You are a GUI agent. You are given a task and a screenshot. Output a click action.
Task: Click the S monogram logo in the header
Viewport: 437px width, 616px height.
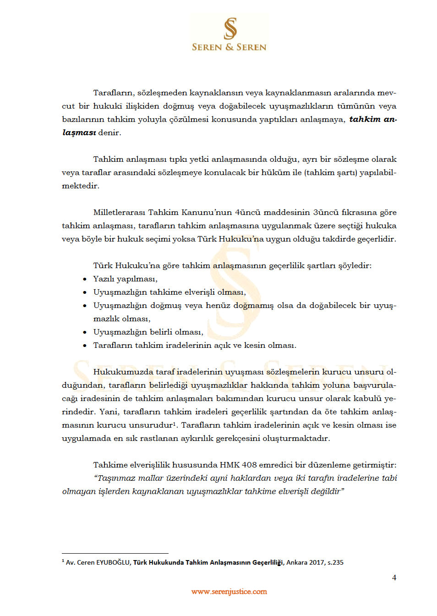click(x=230, y=28)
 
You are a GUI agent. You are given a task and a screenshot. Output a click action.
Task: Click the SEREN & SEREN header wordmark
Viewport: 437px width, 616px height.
click(x=229, y=47)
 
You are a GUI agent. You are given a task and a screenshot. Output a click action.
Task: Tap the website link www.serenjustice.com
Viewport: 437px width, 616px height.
click(x=229, y=592)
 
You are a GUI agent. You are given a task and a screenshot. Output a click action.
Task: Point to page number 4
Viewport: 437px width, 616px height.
click(x=394, y=577)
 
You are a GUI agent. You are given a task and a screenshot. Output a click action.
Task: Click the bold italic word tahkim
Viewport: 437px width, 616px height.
click(x=365, y=119)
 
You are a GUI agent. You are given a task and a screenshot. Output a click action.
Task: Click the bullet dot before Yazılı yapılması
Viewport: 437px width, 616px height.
click(x=85, y=279)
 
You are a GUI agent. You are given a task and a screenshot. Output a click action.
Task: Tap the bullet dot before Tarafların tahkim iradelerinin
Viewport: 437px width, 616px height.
click(x=85, y=346)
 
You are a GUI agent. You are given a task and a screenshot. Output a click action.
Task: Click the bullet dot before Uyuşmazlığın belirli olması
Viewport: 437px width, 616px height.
click(x=85, y=332)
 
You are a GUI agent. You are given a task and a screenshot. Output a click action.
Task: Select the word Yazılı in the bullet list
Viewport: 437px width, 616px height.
click(x=104, y=279)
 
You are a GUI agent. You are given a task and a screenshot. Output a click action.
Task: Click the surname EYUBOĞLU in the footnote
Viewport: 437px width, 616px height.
click(x=113, y=562)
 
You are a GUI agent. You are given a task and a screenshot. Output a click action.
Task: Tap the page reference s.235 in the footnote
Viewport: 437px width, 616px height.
click(x=335, y=562)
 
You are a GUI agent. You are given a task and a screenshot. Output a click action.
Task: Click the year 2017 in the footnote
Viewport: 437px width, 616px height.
click(x=317, y=562)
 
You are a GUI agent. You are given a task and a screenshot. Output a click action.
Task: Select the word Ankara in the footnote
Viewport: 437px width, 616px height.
click(x=297, y=562)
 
